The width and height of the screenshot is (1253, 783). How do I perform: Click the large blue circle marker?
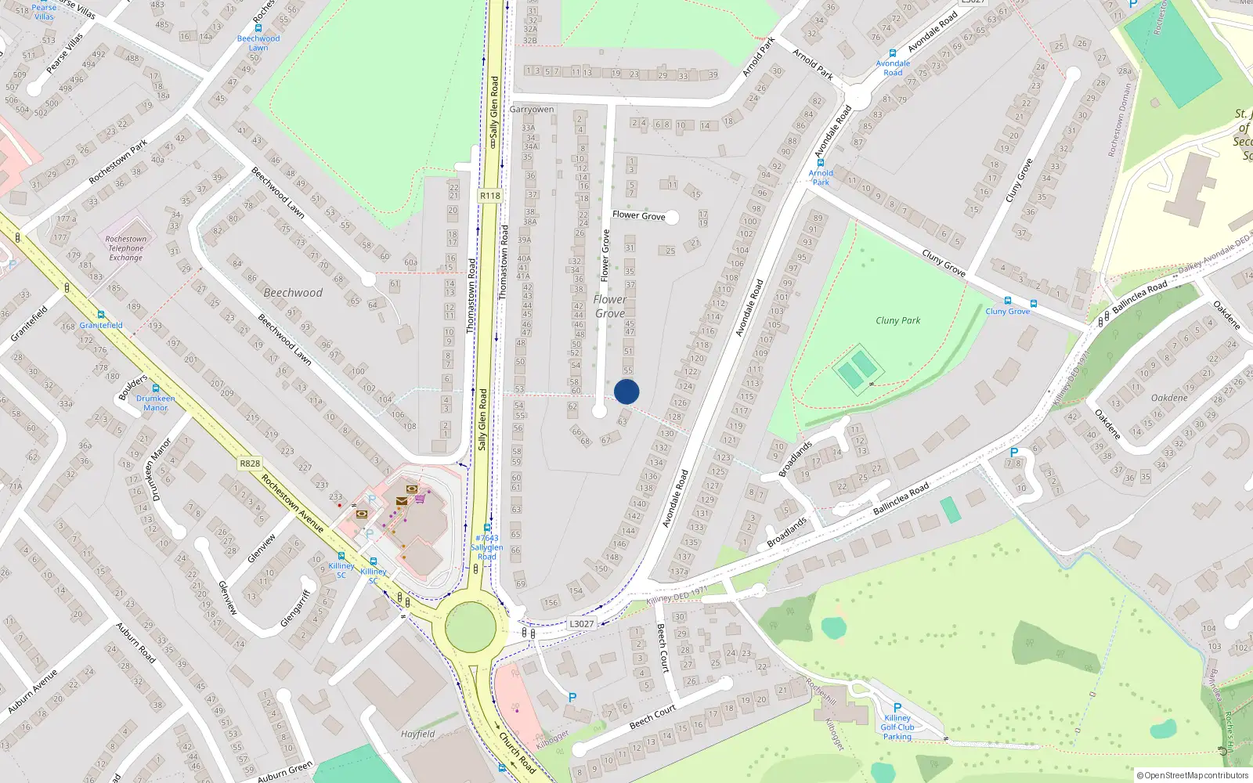(626, 391)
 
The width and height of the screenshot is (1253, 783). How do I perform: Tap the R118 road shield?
(490, 196)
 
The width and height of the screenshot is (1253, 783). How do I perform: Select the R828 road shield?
(250, 464)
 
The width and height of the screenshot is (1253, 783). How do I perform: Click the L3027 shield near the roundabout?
(581, 623)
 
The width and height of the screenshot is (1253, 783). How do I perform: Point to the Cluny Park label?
(897, 320)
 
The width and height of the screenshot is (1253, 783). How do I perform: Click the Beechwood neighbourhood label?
(293, 293)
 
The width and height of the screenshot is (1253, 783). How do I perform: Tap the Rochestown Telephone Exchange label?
(126, 248)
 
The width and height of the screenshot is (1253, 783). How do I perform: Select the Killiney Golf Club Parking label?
(897, 727)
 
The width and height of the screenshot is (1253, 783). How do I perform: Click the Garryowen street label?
(532, 110)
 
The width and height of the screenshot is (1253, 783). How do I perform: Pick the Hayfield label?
(418, 734)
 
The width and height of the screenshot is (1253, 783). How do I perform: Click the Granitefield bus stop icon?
(100, 315)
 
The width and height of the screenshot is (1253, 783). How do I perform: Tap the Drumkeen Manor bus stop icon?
(156, 388)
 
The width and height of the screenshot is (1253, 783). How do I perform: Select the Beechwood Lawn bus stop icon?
(258, 28)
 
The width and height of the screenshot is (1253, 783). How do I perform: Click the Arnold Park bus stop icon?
(821, 164)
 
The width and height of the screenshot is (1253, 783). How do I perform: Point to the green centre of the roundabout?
(470, 627)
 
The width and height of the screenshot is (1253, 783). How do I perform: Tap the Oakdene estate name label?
(1169, 398)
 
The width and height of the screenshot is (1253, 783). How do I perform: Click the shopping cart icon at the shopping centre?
(421, 498)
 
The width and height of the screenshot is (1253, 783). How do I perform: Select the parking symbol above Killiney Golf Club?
(897, 707)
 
